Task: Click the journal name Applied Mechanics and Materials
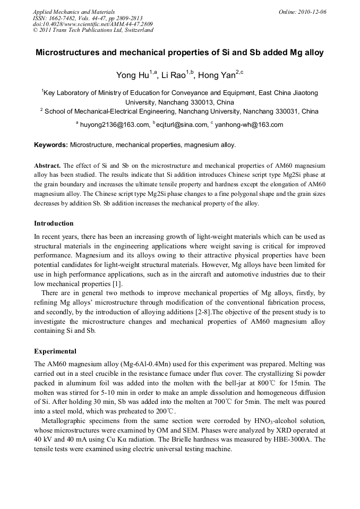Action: point(74,11)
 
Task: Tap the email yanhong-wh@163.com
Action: point(249,125)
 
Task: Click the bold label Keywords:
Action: point(51,144)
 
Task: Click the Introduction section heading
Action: point(54,223)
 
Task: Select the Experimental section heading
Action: point(55,351)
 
